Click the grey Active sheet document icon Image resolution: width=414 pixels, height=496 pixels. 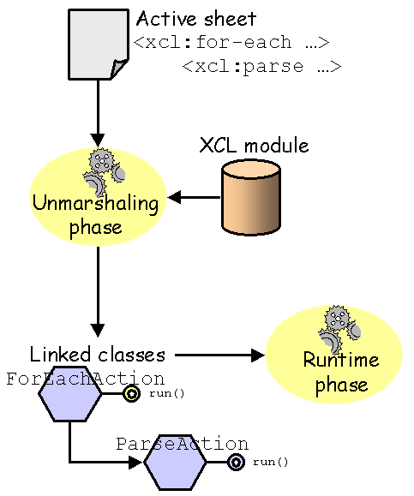99,45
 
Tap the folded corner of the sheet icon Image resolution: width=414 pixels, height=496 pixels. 119,69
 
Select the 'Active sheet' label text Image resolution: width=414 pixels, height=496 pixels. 196,19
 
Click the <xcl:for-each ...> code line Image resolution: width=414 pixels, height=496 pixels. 231,42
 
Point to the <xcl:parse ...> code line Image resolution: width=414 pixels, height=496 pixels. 262,67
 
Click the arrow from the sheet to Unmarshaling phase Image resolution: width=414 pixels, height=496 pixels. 98,113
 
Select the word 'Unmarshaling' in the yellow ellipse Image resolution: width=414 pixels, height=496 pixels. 96,203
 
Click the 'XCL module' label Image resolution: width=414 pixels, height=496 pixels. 255,146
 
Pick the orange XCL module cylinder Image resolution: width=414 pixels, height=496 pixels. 250,197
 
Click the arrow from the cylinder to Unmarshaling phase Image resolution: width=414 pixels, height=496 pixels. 194,197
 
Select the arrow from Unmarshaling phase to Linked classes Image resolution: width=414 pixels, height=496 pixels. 98,291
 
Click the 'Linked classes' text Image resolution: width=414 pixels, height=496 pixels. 98,355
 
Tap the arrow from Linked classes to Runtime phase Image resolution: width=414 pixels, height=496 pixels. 219,355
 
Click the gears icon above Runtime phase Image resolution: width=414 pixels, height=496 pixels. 339,330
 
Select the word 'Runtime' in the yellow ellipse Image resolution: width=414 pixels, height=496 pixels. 341,360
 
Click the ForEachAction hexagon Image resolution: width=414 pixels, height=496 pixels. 70,394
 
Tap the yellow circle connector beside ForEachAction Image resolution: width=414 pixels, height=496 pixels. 131,394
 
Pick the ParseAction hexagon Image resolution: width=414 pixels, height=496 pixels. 175,462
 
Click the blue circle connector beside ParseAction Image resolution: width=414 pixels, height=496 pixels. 236,462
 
